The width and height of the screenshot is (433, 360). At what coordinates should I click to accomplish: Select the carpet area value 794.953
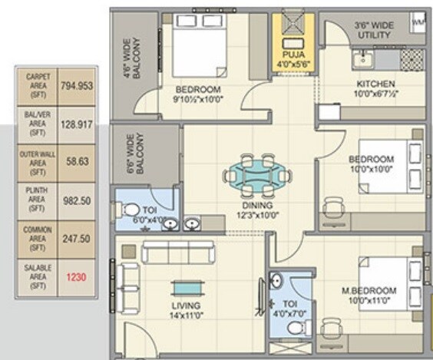coord(76,86)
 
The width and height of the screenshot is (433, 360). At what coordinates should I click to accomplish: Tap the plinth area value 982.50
coord(76,200)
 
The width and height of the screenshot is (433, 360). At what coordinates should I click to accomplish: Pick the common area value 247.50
coord(76,239)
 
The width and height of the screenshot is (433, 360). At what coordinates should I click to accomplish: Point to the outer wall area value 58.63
coord(76,162)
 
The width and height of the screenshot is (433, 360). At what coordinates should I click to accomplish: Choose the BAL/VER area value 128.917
coord(76,123)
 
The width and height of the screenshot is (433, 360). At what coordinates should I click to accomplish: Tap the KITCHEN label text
coord(375,84)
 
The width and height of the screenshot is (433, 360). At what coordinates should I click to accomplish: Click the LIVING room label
coord(185,306)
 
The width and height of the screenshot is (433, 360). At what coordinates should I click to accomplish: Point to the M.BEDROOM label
coord(369,291)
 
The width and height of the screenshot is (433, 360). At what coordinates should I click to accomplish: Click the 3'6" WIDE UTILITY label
coord(374,30)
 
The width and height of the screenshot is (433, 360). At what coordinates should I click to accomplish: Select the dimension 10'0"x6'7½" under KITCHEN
coord(375,94)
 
